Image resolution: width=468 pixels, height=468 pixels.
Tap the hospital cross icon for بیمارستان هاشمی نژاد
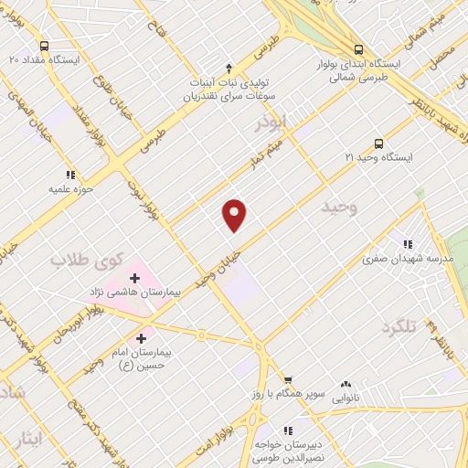tap(134, 277)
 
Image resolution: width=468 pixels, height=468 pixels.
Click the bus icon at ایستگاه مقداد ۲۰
tap(44, 46)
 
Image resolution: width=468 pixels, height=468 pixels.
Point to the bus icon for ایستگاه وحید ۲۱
tap(378, 144)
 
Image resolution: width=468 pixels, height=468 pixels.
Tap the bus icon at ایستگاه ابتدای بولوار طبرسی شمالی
tap(358, 50)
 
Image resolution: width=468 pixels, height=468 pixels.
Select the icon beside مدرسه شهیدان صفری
tap(409, 244)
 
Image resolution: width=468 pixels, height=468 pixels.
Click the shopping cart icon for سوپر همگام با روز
tap(287, 379)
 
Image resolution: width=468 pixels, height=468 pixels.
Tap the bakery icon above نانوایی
tap(346, 386)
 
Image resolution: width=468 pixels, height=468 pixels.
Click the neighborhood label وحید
tap(337, 207)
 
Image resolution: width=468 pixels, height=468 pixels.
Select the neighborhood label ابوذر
tap(271, 120)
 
